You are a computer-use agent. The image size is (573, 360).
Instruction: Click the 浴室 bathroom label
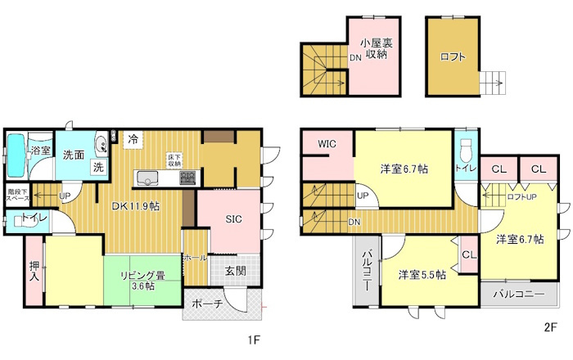tap(40, 151)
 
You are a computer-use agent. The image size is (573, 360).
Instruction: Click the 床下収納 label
tap(174, 160)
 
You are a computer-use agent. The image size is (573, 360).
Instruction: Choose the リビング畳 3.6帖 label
tap(144, 281)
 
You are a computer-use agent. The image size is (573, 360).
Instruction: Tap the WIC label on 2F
tap(327, 145)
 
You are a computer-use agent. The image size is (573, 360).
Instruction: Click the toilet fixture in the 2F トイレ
tap(465, 150)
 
